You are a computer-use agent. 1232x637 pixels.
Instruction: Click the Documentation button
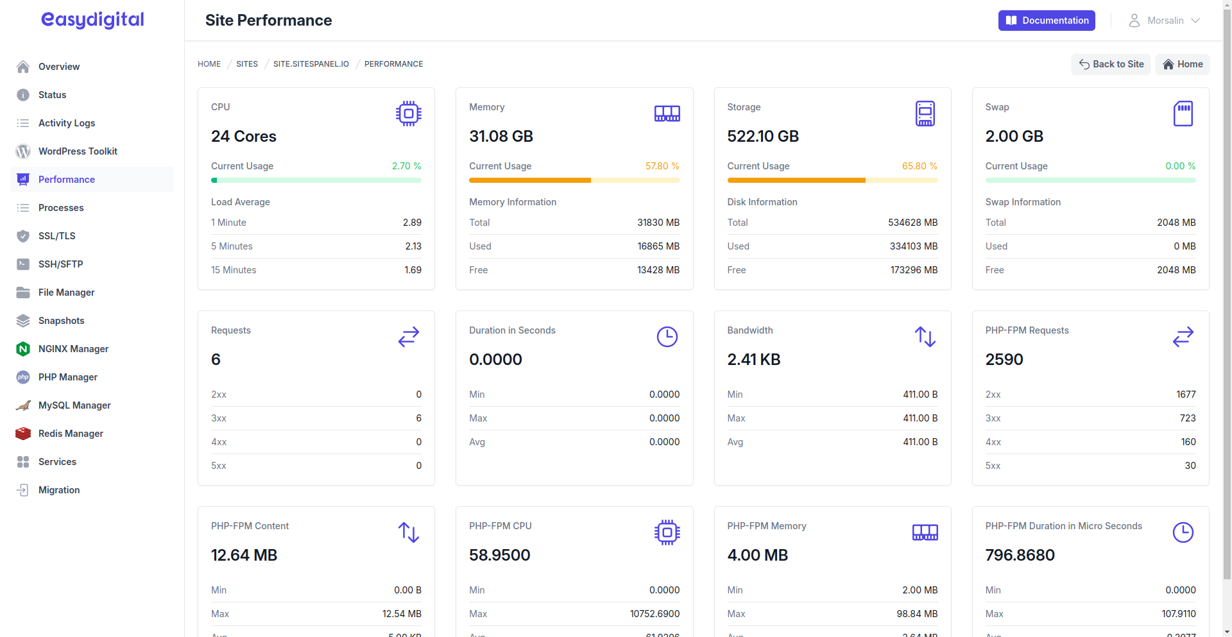click(1046, 21)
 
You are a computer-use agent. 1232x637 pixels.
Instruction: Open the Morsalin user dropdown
click(1165, 21)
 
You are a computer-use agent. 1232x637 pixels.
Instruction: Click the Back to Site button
click(1111, 64)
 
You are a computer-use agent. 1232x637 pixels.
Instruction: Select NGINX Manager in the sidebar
click(73, 349)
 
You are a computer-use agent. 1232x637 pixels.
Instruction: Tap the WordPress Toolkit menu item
click(78, 151)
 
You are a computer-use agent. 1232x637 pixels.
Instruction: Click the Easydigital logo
click(92, 20)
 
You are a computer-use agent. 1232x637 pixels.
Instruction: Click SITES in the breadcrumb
click(246, 64)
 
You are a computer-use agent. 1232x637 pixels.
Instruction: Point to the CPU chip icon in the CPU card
click(408, 114)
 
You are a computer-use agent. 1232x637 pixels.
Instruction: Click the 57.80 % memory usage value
click(662, 166)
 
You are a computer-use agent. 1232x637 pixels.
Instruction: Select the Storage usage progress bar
click(832, 180)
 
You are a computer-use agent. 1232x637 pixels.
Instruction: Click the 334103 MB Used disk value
click(913, 246)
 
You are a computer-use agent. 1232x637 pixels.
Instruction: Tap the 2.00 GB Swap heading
click(1014, 137)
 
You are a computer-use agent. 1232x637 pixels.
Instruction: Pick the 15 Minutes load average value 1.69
click(413, 270)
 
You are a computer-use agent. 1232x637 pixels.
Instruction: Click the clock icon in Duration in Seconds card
click(667, 337)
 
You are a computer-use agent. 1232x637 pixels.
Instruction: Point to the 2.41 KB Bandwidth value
click(753, 360)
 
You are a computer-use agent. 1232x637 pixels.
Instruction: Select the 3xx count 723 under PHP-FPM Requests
click(1187, 418)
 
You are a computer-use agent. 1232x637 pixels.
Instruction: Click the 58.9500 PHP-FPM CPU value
click(499, 556)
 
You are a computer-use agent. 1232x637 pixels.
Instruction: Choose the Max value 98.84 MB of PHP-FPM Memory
click(916, 614)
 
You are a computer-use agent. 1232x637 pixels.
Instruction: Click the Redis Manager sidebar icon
click(23, 434)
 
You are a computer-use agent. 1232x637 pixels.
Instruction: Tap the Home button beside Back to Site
click(1182, 64)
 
